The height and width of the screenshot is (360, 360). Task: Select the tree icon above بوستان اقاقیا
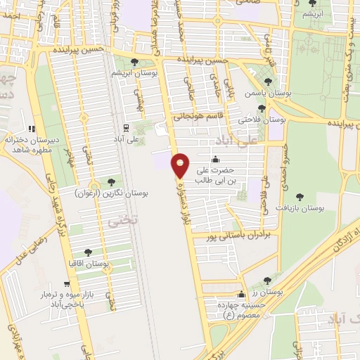click(x=89, y=252)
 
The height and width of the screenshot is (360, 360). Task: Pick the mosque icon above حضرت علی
click(x=214, y=159)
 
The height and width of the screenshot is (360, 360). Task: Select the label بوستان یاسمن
click(x=263, y=93)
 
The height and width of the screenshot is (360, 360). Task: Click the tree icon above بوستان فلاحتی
click(x=262, y=108)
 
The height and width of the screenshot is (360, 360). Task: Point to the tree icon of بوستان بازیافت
click(x=301, y=198)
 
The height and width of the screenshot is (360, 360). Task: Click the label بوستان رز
click(x=269, y=290)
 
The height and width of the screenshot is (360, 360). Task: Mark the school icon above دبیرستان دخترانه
click(x=31, y=129)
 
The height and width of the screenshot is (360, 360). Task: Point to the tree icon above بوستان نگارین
click(x=110, y=181)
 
